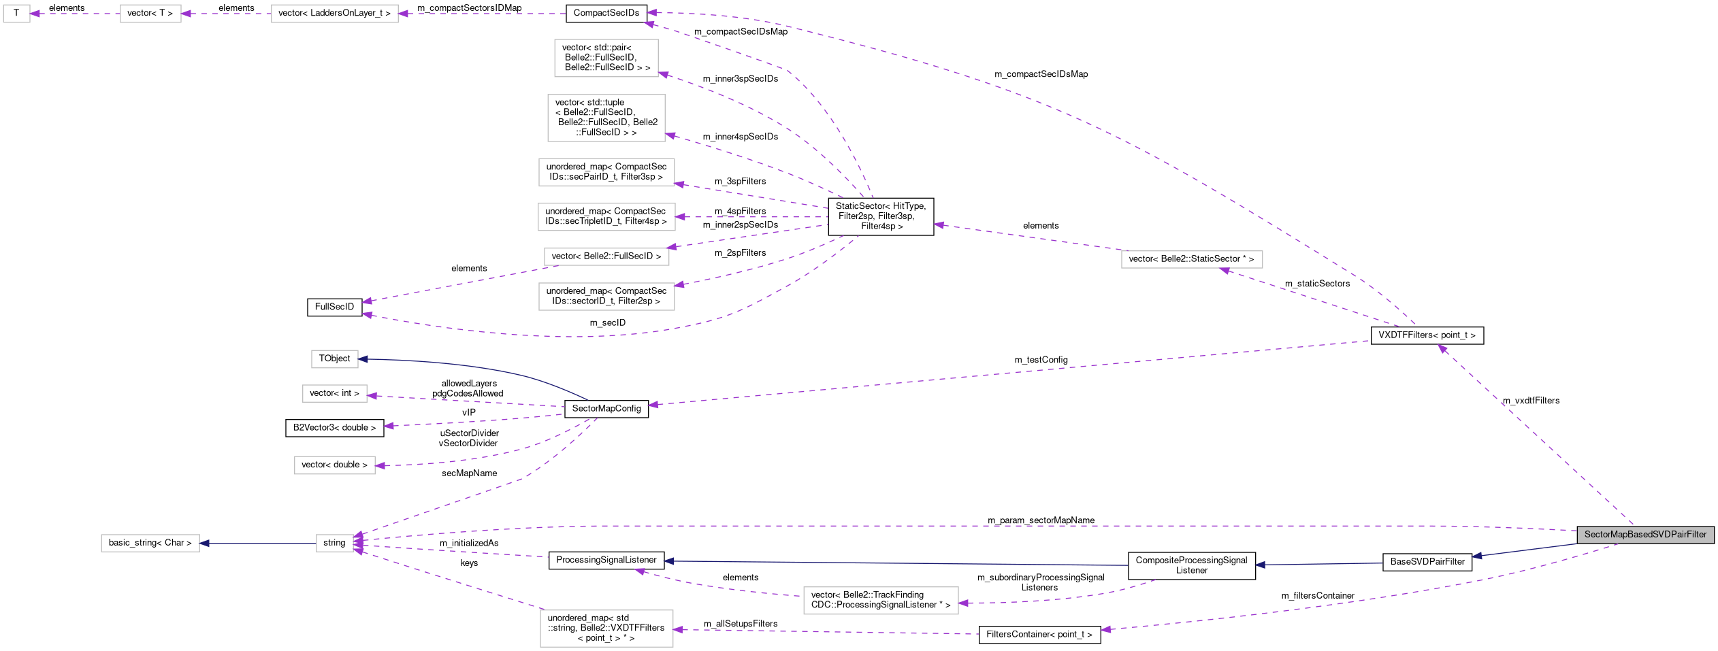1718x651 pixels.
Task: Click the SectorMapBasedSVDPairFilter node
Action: click(x=1645, y=535)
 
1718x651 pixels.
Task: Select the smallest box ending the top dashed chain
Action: click(x=16, y=14)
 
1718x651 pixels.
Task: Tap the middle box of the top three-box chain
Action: click(x=150, y=14)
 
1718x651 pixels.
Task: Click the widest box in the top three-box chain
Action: click(x=334, y=14)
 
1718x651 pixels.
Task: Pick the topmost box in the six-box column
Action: click(x=606, y=59)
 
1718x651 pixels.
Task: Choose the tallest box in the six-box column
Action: click(x=606, y=118)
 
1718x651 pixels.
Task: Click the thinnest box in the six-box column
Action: click(x=606, y=257)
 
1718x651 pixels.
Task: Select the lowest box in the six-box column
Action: click(x=606, y=297)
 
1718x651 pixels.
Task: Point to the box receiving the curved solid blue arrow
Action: click(x=334, y=359)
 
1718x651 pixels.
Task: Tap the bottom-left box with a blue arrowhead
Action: click(x=150, y=544)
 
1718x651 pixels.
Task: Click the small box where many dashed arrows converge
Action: click(x=334, y=544)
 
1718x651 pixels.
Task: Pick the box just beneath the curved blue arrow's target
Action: click(x=334, y=394)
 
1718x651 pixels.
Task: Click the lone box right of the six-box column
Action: click(x=1191, y=260)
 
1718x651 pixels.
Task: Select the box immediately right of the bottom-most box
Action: click(x=880, y=601)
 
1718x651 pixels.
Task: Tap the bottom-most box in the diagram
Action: click(x=606, y=629)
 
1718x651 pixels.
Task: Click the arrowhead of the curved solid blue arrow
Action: click(x=363, y=359)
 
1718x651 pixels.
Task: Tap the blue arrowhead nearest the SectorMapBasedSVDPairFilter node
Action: click(x=1476, y=556)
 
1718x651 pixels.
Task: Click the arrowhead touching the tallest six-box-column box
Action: click(x=670, y=135)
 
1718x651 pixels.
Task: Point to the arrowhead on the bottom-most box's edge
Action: click(x=678, y=630)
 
